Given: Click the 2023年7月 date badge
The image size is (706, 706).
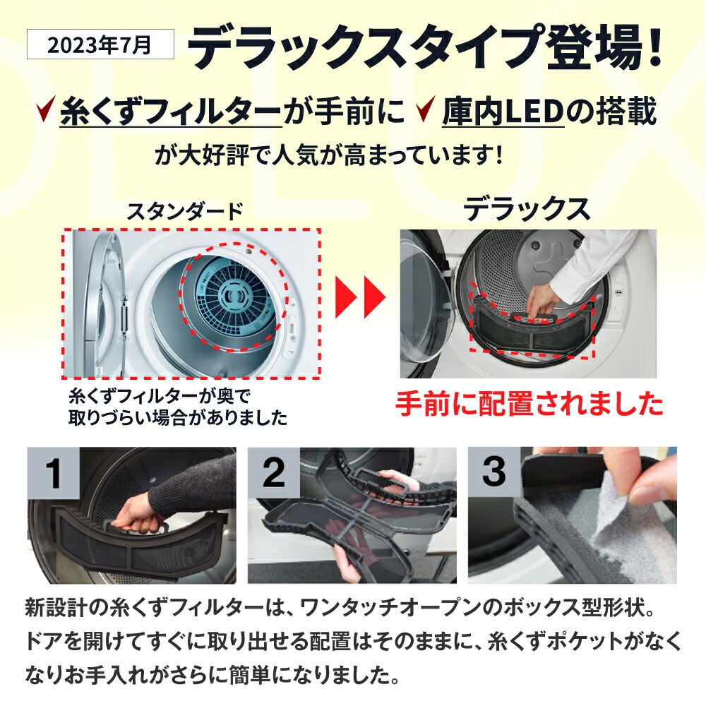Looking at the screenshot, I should [100, 44].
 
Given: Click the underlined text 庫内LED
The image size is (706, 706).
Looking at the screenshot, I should [503, 112].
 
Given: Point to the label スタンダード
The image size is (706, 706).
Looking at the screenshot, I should [184, 210].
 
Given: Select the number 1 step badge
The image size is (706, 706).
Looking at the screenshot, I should [54, 472].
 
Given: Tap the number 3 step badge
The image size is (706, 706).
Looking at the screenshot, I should [493, 472].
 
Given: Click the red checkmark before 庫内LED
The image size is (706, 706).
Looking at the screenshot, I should [426, 112].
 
